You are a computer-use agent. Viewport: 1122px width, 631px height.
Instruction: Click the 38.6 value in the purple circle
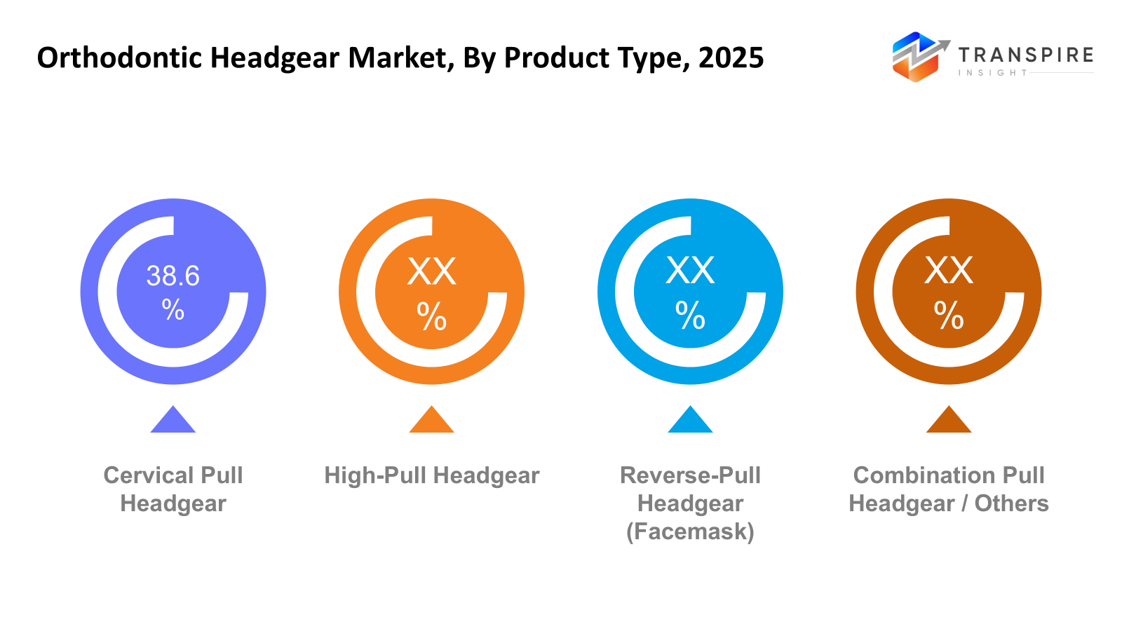[x=173, y=276]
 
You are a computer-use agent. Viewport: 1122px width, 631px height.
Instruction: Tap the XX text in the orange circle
[x=431, y=271]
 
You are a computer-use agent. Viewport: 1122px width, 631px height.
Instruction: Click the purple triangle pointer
[x=173, y=421]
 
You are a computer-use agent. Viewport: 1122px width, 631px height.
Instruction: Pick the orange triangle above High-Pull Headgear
[x=431, y=421]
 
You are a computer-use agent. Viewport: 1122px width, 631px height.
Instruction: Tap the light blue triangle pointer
[x=690, y=421]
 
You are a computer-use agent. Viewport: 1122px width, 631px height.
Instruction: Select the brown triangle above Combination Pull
[x=948, y=421]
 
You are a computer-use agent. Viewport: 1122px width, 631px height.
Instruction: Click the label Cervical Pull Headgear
[x=173, y=489]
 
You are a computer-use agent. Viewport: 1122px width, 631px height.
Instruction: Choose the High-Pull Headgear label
[x=431, y=475]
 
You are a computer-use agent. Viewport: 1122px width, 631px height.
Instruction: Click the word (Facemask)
[x=690, y=531]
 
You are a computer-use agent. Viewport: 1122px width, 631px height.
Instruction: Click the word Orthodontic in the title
[x=119, y=57]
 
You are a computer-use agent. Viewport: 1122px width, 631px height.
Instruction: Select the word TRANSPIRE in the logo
[x=1025, y=55]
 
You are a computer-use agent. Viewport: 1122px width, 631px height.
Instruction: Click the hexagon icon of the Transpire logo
[x=915, y=57]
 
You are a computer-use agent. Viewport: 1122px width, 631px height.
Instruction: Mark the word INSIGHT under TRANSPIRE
[x=992, y=73]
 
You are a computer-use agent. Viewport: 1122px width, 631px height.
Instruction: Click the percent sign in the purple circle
[x=173, y=309]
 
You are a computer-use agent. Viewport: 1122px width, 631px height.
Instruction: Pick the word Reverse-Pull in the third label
[x=690, y=475]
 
